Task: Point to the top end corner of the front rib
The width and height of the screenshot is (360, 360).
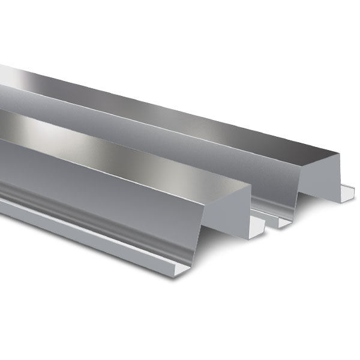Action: pyautogui.click(x=247, y=184)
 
